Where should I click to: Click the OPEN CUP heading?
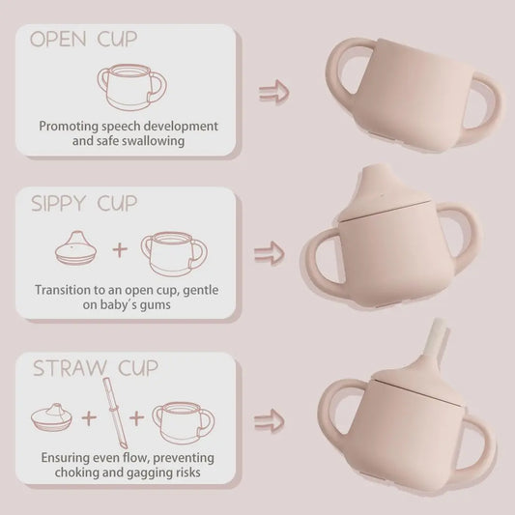point(82,40)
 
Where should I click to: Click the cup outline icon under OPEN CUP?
point(131,87)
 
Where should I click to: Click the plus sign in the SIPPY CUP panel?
point(120,250)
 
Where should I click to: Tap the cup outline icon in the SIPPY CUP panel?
point(174,251)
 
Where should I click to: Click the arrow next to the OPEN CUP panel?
point(273,94)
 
